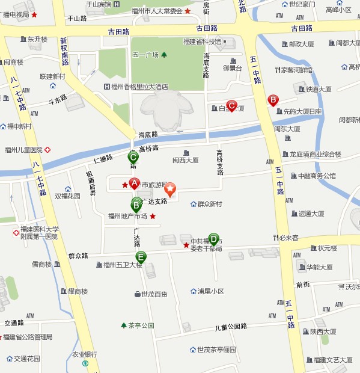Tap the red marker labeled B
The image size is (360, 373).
click(272, 100)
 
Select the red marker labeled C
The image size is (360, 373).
click(231, 105)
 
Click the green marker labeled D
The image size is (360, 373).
click(213, 239)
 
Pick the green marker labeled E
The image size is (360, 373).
click(141, 257)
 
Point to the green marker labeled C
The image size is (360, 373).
click(134, 158)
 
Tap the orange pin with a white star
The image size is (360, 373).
click(171, 190)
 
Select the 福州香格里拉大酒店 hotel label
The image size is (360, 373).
click(139, 86)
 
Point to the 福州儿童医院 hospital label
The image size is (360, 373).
click(27, 150)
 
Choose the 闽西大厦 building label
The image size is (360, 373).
click(185, 160)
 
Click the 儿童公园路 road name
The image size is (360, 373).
click(231, 327)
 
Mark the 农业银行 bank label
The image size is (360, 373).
click(85, 354)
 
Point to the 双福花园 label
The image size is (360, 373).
click(67, 196)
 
